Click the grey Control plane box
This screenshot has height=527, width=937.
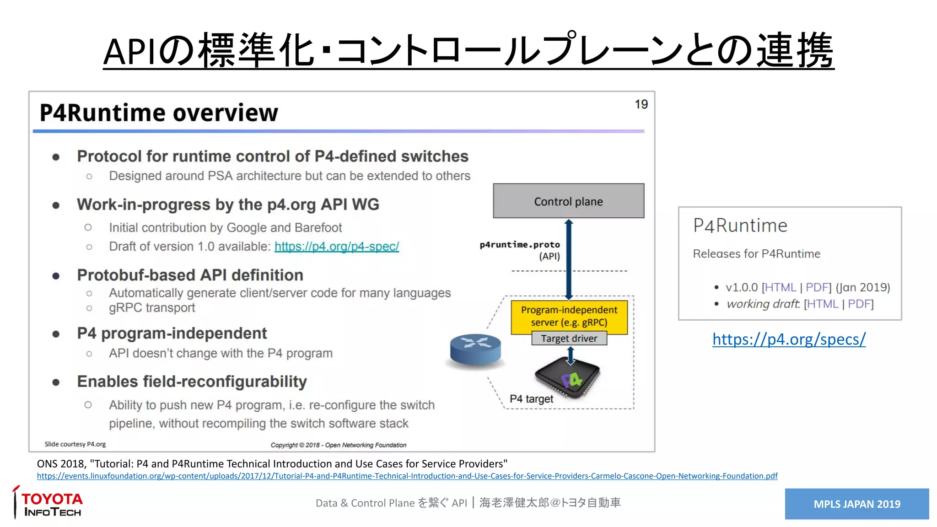(x=568, y=201)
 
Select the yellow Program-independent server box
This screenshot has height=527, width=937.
(x=569, y=316)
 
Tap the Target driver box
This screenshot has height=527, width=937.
(x=569, y=339)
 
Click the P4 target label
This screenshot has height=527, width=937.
(x=531, y=399)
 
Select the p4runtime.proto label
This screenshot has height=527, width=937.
(x=520, y=245)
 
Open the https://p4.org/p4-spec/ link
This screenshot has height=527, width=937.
(x=337, y=247)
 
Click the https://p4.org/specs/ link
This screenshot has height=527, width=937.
(x=789, y=339)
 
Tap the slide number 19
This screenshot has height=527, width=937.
(x=641, y=104)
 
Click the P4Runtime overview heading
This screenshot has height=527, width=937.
(x=159, y=113)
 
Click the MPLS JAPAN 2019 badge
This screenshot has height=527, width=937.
(x=856, y=504)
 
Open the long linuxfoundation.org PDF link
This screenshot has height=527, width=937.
(x=407, y=476)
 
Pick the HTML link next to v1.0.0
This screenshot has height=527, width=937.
(x=780, y=287)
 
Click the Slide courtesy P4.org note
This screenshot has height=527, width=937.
(x=75, y=444)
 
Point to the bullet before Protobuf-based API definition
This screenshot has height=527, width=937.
(x=56, y=276)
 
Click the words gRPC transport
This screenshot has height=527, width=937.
(x=152, y=308)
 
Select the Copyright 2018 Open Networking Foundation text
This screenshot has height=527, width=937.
(x=338, y=445)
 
